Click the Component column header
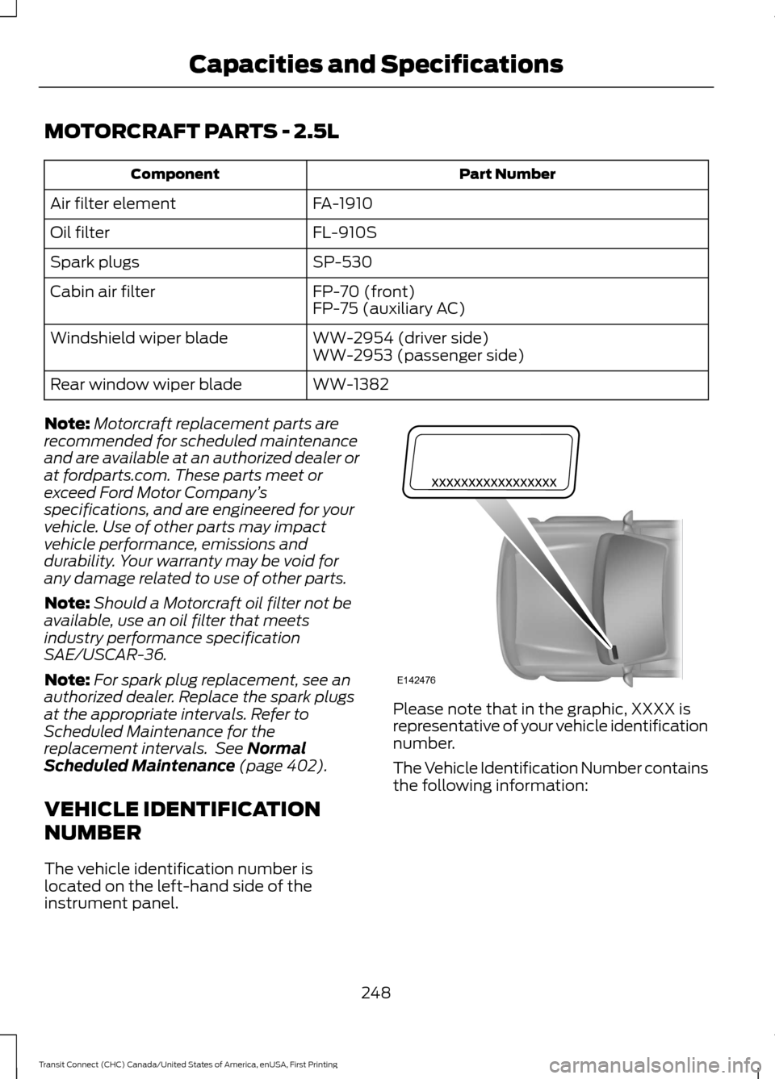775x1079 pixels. click(174, 174)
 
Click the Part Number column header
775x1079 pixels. click(508, 174)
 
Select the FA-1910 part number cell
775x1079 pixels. click(342, 203)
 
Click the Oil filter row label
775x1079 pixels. click(80, 232)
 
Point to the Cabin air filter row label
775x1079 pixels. click(103, 291)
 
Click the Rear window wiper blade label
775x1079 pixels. click(146, 385)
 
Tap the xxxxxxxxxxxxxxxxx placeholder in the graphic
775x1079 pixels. click(494, 482)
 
